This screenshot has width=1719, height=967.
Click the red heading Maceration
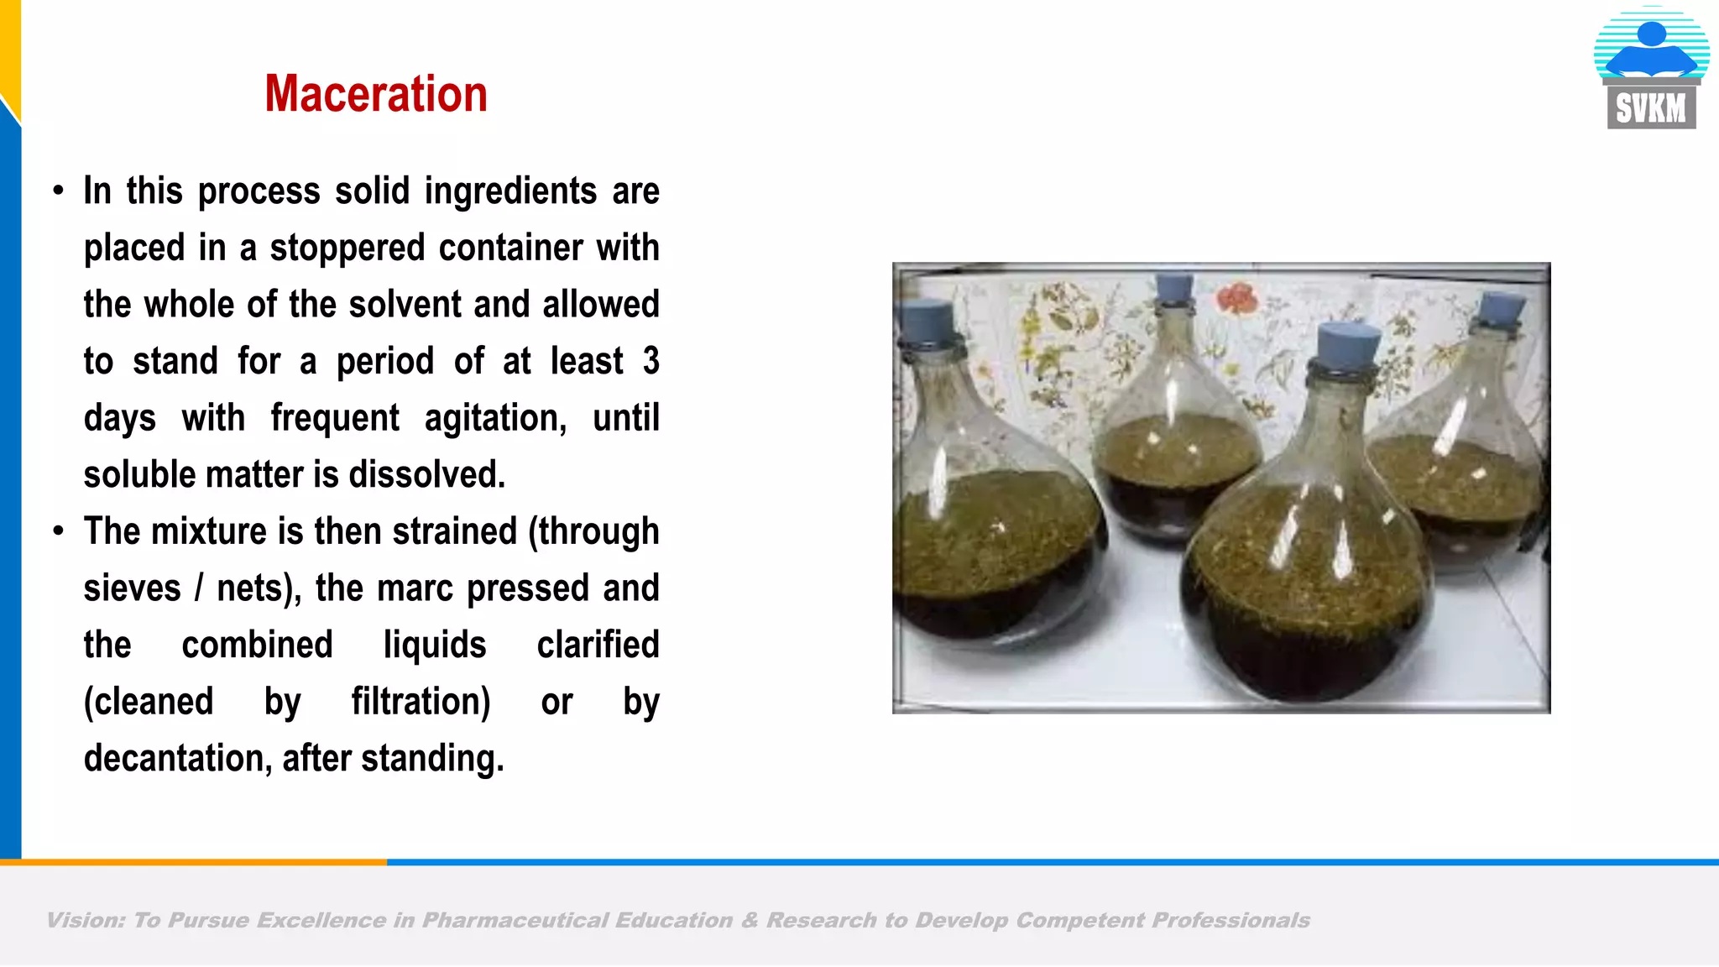pyautogui.click(x=375, y=93)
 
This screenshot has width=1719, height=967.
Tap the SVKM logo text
pyautogui.click(x=1650, y=108)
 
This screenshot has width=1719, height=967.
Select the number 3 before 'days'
pyautogui.click(x=651, y=361)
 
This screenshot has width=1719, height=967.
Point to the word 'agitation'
pyautogui.click(x=495, y=418)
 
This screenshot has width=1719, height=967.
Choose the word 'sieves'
pyautogui.click(x=132, y=588)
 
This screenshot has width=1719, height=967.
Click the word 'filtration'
pyautogui.click(x=420, y=701)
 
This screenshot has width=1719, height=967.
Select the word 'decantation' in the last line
pyautogui.click(x=176, y=758)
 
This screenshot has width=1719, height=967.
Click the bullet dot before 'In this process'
pyautogui.click(x=58, y=191)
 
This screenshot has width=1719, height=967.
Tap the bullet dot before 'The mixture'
pyautogui.click(x=58, y=531)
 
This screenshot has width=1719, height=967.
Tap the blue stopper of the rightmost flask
pyautogui.click(x=1502, y=309)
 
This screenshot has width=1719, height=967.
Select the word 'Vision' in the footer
pyautogui.click(x=85, y=920)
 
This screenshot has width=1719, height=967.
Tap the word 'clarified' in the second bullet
pyautogui.click(x=598, y=645)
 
